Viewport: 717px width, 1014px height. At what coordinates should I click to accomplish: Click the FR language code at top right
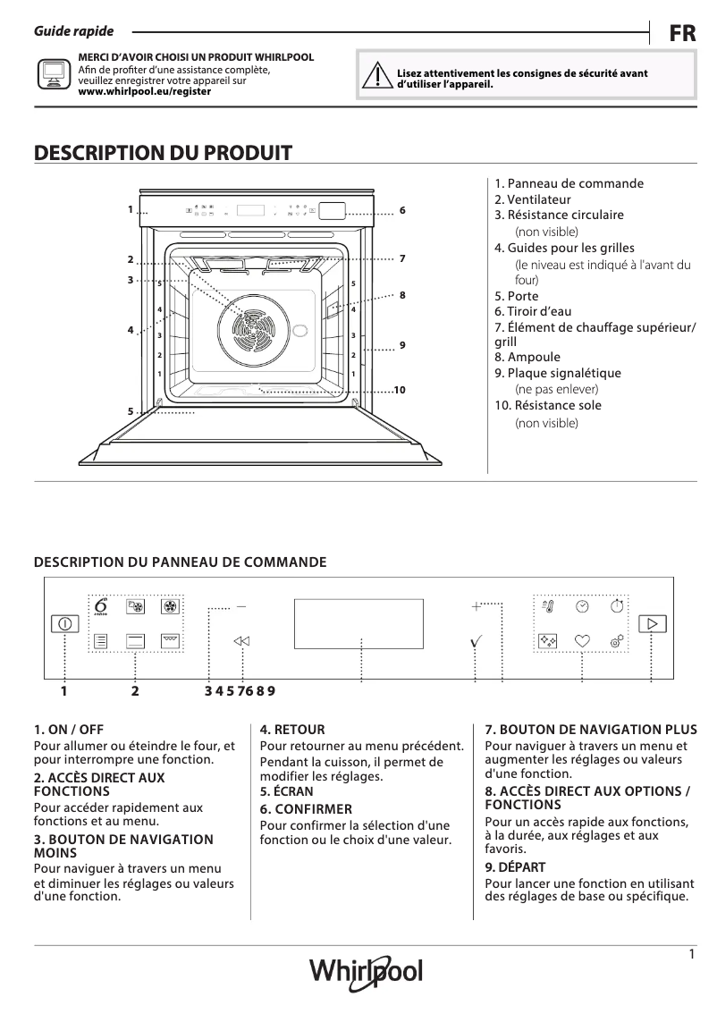point(683,34)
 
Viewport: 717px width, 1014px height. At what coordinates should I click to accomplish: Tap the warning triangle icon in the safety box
point(378,79)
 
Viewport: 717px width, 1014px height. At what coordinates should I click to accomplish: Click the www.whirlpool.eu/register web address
point(145,91)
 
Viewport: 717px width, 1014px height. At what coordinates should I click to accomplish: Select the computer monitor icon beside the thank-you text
point(53,75)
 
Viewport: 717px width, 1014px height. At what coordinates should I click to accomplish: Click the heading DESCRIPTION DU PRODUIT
point(163,153)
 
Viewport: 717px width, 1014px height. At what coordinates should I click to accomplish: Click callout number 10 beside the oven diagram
point(399,391)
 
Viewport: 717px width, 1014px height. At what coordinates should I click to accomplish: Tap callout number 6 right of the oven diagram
point(403,210)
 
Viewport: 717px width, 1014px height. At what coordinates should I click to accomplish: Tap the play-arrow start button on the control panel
point(653,623)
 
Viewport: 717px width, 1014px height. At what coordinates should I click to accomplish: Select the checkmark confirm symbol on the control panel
point(477,641)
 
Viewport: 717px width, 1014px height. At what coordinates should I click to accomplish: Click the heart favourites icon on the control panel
point(582,640)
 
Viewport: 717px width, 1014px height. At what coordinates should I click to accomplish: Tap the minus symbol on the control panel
point(241,606)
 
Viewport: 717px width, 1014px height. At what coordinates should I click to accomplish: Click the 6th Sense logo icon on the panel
point(100,606)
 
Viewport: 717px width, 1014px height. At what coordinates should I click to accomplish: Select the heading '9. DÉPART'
point(515,867)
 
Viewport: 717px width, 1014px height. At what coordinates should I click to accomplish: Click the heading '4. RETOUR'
point(292,730)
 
